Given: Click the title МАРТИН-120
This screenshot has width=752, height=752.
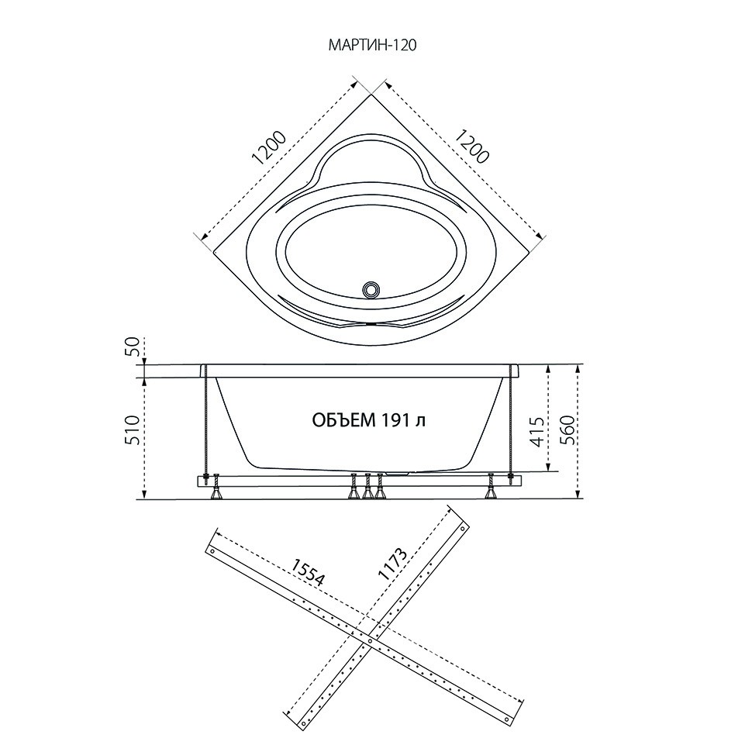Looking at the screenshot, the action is pyautogui.click(x=371, y=45).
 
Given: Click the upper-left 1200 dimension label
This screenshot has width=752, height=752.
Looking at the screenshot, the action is pyautogui.click(x=269, y=148).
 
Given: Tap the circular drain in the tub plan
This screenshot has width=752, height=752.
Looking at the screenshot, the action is pyautogui.click(x=371, y=288).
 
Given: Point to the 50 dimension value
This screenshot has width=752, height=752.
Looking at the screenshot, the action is pyautogui.click(x=134, y=347).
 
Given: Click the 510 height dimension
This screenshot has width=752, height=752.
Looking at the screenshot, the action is pyautogui.click(x=133, y=429).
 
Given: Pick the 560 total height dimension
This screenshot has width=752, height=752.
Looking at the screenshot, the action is pyautogui.click(x=567, y=429).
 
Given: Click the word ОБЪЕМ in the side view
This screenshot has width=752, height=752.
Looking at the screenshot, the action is pyautogui.click(x=343, y=421).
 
